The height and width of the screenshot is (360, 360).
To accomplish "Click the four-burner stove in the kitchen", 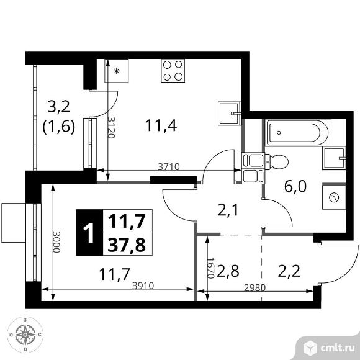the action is [173, 71].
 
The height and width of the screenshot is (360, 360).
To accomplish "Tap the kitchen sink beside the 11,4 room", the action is [230, 114].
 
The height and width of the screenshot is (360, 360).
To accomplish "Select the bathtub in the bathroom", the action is [298, 132].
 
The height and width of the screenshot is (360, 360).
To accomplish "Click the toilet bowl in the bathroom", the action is [277, 161].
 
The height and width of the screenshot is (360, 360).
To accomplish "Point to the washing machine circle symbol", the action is [334, 197].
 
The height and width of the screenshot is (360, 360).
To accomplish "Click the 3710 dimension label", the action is [169, 166].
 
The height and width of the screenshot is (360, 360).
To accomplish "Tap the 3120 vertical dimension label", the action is [112, 128].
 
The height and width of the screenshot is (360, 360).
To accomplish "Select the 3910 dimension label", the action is [143, 286].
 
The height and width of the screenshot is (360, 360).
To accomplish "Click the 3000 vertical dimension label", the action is [56, 242].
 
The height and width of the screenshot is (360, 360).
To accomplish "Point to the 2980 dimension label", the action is [254, 287].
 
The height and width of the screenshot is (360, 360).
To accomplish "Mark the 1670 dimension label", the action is [210, 268].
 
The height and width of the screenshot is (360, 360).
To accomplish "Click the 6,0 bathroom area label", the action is [295, 186].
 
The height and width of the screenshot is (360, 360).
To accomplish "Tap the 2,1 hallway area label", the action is [228, 210].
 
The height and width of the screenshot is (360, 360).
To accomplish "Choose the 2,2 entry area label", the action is [289, 271].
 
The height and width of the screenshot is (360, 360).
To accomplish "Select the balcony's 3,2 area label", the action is [58, 107].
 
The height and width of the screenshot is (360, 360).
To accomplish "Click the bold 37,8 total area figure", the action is [127, 245].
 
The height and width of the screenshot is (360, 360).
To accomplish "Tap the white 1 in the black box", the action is [89, 233].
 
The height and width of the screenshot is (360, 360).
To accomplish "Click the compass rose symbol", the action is [25, 335].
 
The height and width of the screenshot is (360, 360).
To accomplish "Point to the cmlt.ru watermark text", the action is [338, 348].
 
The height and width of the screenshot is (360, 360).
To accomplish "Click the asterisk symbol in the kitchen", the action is [117, 71].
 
